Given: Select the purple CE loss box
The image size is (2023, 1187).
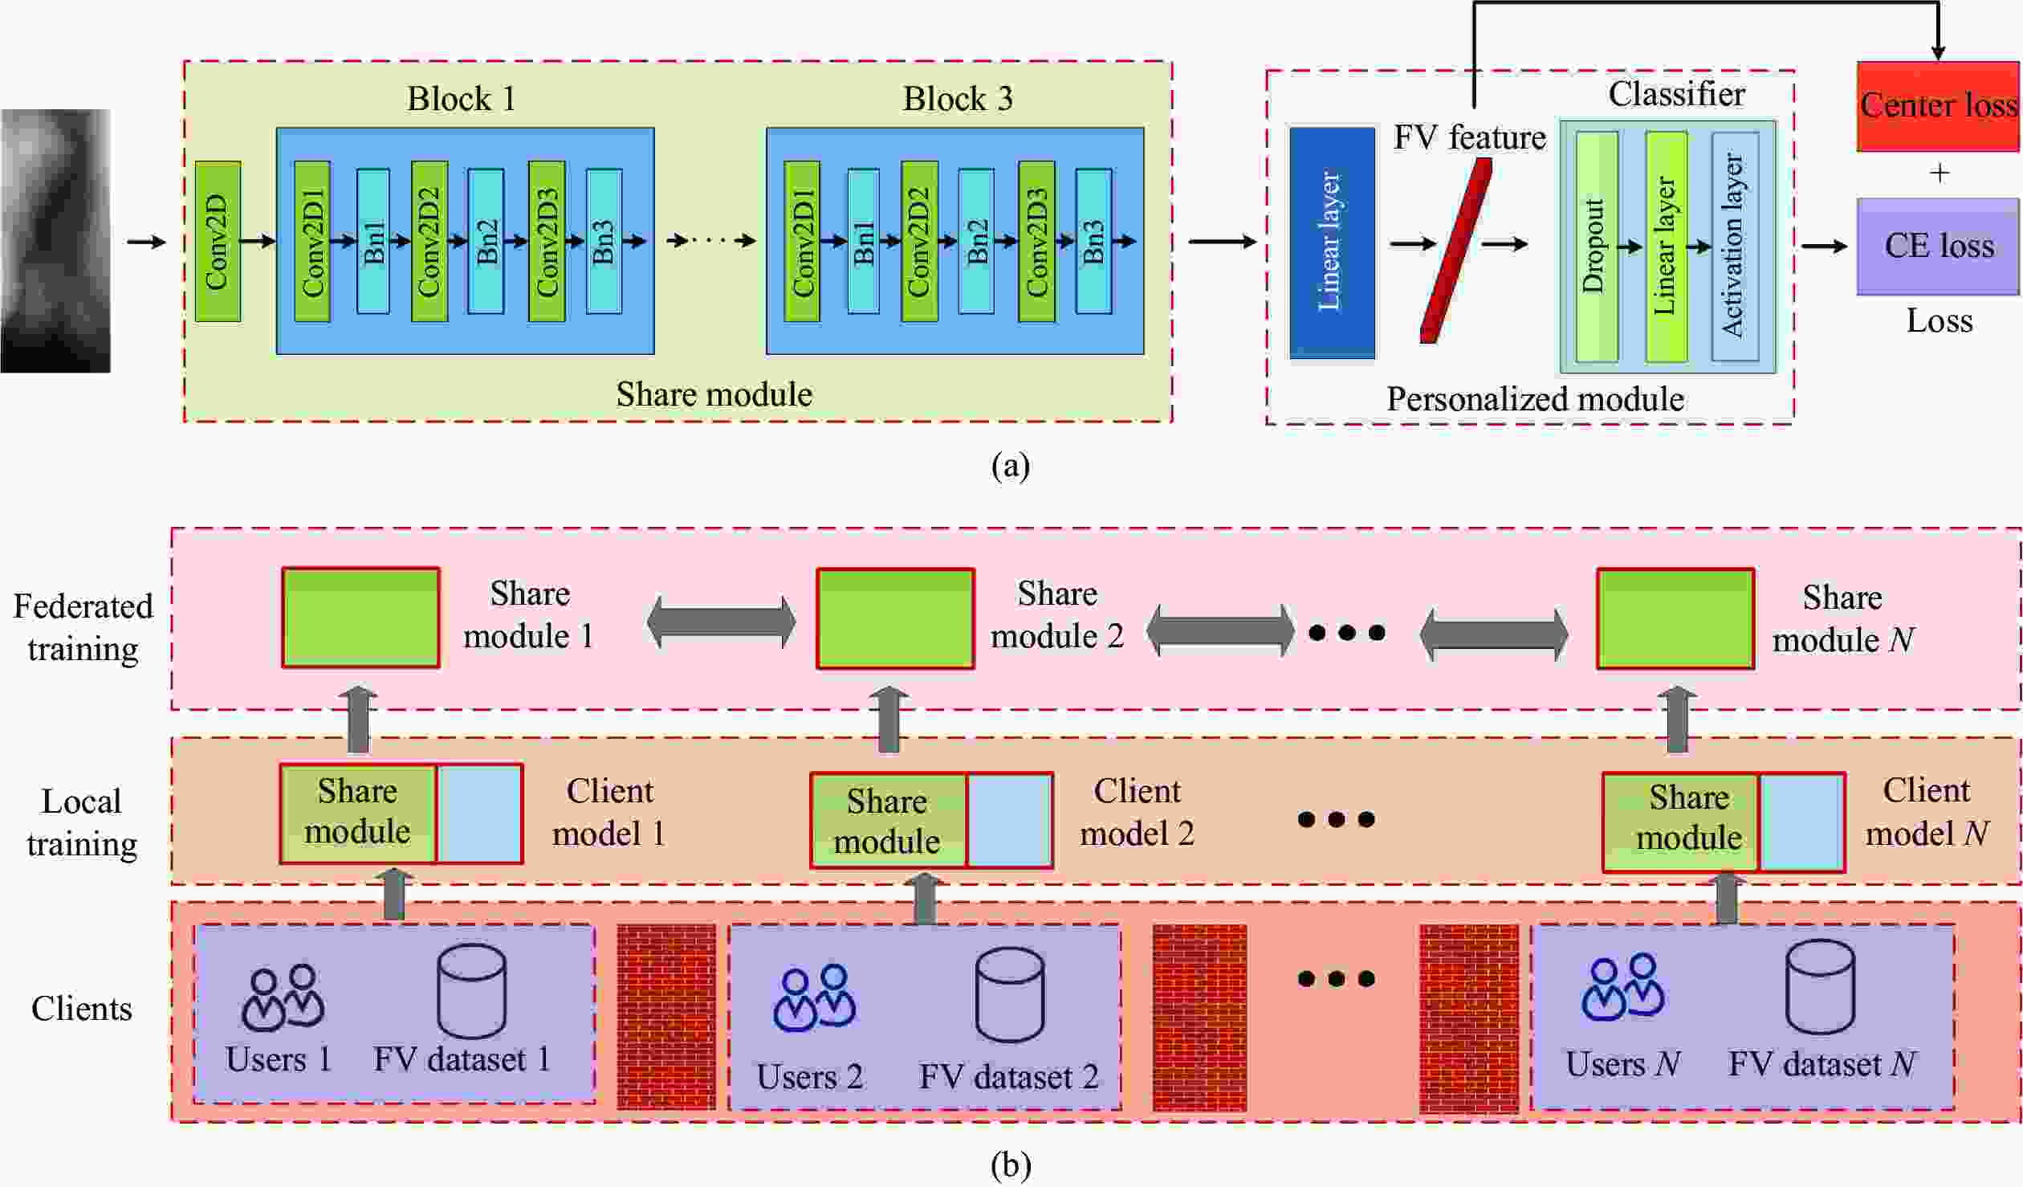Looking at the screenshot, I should tap(1938, 246).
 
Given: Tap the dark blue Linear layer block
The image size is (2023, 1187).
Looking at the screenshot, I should tap(1331, 243).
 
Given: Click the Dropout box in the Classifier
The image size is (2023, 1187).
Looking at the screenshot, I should tap(1596, 247).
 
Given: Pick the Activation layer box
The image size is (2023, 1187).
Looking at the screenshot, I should tap(1734, 247).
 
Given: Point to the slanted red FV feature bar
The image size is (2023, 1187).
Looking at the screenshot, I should tap(1455, 251).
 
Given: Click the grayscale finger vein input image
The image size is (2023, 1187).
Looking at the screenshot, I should tap(55, 241).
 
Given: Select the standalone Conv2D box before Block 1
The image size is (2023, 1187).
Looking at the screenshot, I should tap(218, 242).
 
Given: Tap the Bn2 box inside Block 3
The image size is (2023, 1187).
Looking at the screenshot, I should tap(975, 241).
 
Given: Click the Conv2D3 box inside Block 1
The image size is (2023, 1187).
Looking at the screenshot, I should tap(546, 242).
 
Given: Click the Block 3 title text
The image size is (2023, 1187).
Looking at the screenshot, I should tap(957, 99).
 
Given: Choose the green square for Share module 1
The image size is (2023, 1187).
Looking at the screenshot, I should tap(360, 618).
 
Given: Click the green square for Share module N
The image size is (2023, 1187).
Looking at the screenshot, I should tap(1675, 618).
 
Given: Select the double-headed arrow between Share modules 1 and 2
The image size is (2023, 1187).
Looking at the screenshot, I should tap(721, 622).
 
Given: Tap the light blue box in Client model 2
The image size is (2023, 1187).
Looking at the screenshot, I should tap(1009, 821).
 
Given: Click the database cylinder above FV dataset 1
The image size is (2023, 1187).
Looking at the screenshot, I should tap(471, 991).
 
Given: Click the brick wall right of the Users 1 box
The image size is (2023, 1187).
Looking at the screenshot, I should tap(666, 1017).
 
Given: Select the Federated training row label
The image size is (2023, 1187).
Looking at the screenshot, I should tap(83, 627).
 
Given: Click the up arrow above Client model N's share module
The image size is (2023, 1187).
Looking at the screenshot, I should tap(1677, 720).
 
